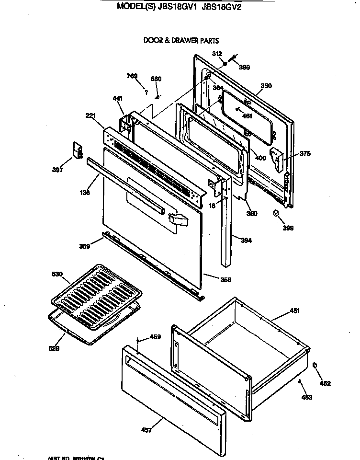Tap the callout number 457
coord(147,430)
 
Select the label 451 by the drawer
coord(294,311)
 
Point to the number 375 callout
coord(305,154)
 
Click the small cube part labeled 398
coord(276,213)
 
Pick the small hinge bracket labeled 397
coord(78,149)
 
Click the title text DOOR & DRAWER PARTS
coord(181,41)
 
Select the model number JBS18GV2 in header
coord(225,7)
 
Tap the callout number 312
coord(218,54)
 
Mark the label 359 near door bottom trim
coord(84,247)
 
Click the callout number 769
coord(132,76)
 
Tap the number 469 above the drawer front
coord(155,337)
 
